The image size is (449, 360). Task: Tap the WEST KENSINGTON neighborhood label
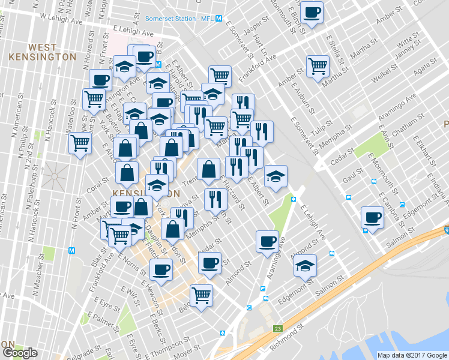(x=43, y=52)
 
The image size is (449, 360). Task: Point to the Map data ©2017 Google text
(x=412, y=355)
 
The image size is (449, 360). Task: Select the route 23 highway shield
(x=277, y=329)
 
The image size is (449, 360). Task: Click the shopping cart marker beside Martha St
(x=318, y=65)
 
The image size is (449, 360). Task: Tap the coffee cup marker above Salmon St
(x=372, y=217)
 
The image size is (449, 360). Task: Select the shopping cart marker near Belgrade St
(x=201, y=295)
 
